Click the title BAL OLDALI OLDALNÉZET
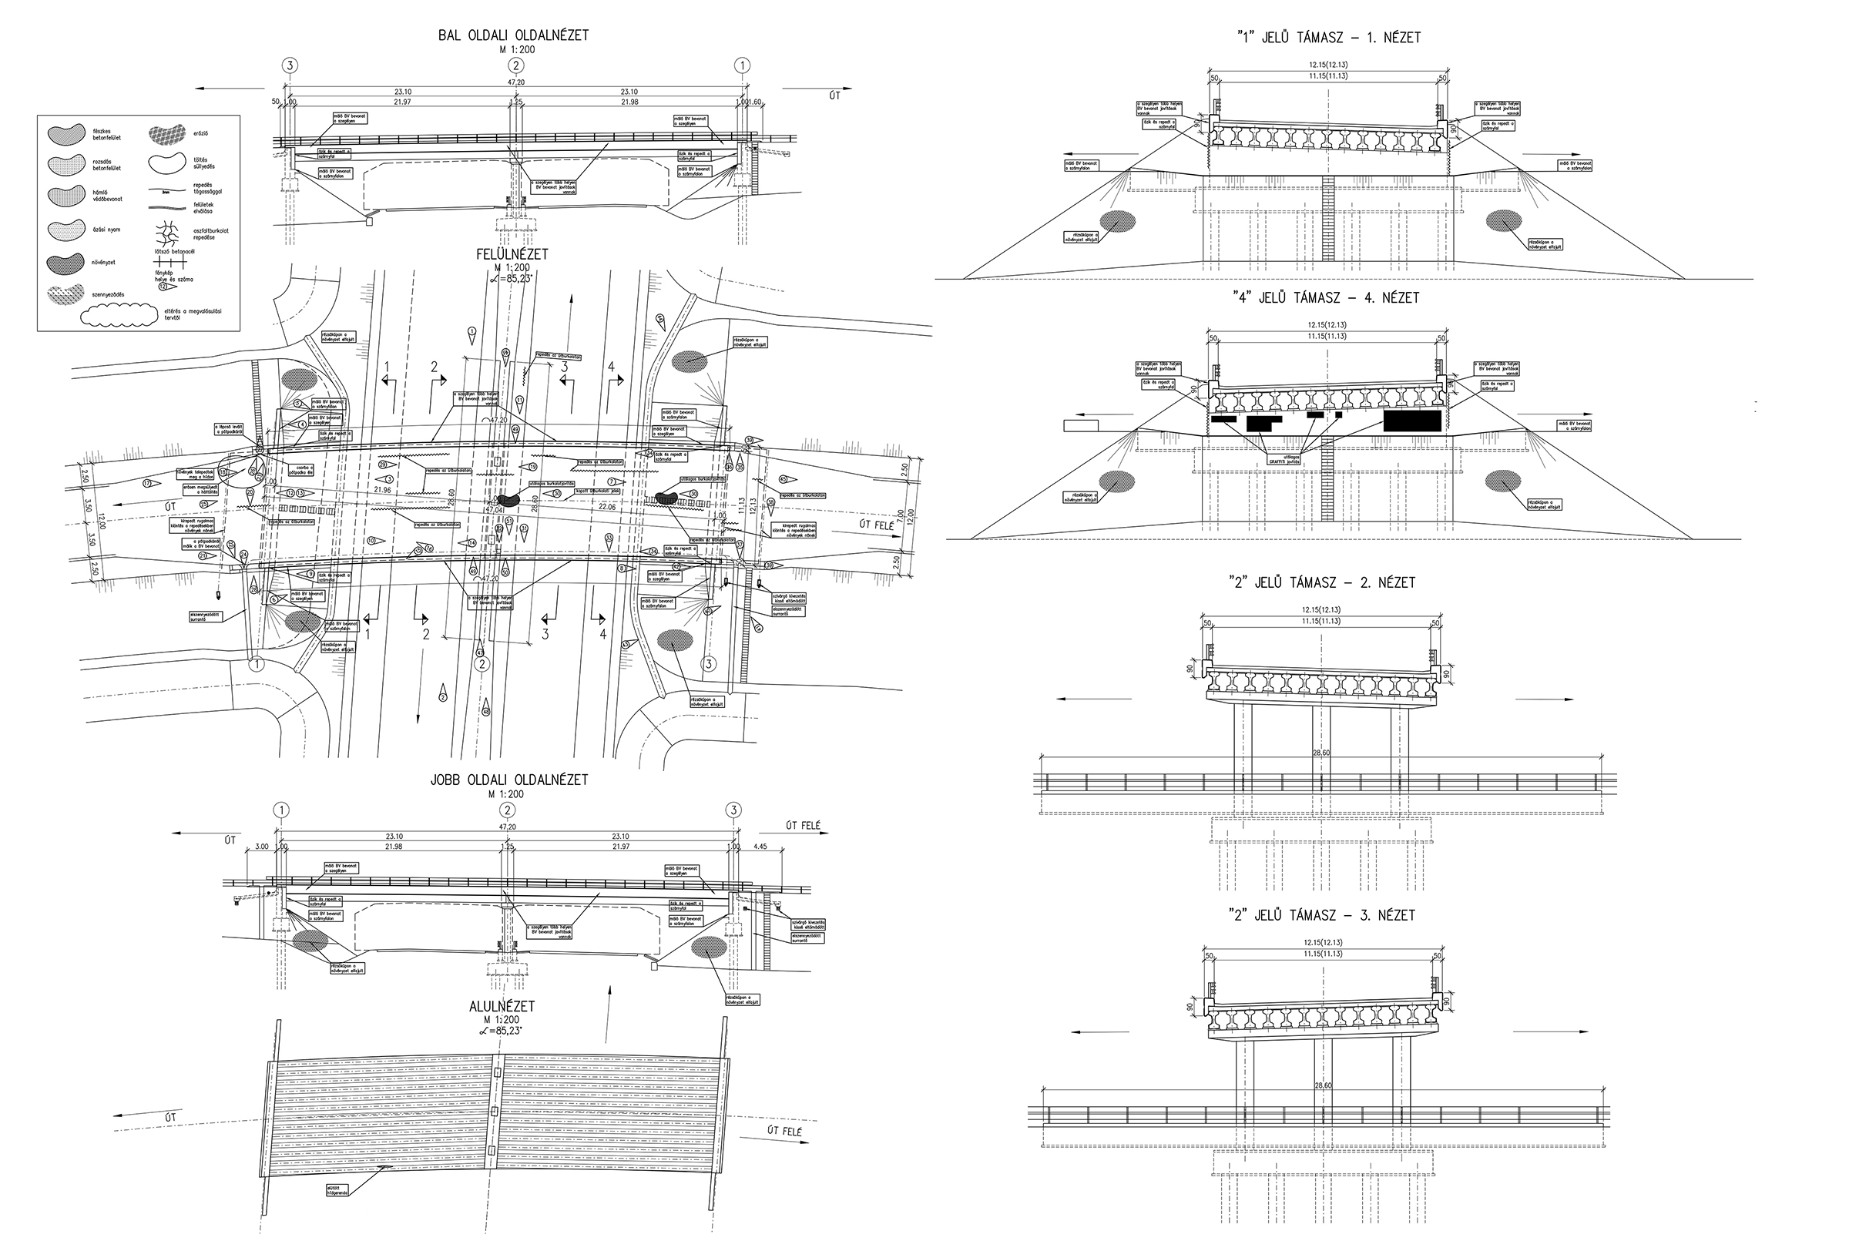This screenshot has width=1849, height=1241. pos(513,35)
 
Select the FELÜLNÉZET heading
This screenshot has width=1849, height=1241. pos(513,255)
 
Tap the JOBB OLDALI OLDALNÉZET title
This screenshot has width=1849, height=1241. pos(508,780)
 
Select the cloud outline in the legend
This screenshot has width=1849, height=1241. pos(119,315)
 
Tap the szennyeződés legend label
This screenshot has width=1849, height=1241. pos(111,294)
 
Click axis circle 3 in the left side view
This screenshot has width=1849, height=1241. pos(291,65)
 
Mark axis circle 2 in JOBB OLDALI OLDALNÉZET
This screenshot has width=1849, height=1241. pos(508,810)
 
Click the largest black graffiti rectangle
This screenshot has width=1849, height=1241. pos(1412,421)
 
